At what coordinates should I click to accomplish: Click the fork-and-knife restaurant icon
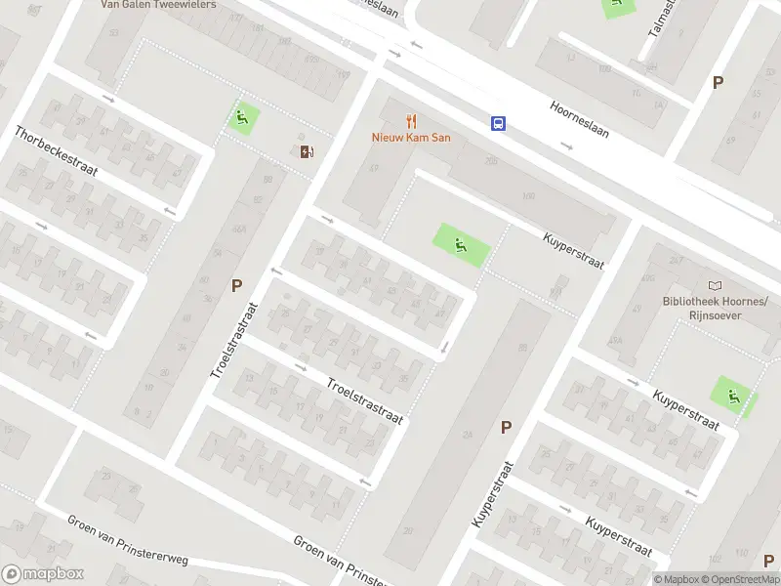coord(412,122)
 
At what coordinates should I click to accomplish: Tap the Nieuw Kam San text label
coord(411,138)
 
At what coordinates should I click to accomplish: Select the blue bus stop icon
coord(498,123)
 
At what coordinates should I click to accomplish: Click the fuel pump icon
coord(307,150)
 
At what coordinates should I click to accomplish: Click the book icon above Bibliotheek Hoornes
coord(716,285)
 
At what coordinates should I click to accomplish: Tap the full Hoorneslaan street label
coord(580,119)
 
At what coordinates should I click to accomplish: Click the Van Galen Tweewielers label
coord(158,4)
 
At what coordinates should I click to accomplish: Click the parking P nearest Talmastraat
coord(718,83)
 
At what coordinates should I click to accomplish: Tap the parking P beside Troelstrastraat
coord(236,286)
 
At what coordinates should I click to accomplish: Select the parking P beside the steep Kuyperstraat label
coord(506,427)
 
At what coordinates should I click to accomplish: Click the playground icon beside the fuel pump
coord(242,119)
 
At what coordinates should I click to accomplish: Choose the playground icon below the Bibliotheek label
coord(733,395)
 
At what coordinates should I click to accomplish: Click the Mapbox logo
coord(42,574)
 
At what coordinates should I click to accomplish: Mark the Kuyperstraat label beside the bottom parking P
coord(492,494)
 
